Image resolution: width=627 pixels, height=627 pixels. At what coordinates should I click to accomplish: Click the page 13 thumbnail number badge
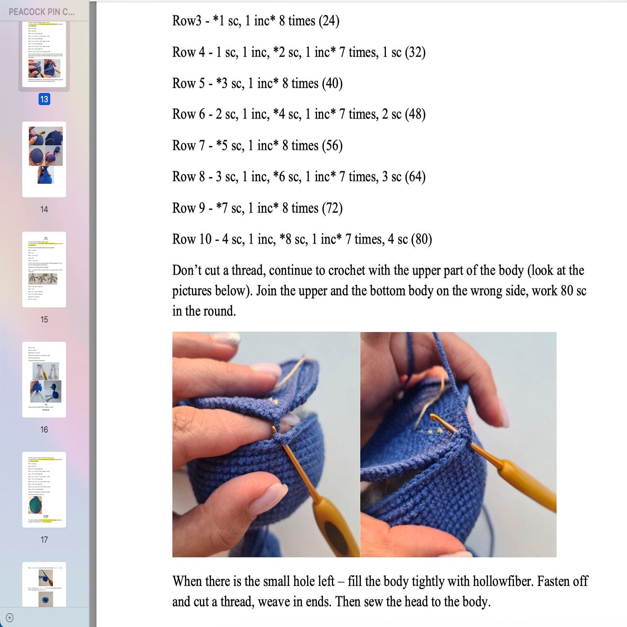[44, 99]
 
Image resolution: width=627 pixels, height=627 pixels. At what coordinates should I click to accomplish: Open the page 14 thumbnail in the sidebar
[44, 159]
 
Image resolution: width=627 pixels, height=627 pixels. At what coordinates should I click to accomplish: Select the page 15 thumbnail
[44, 269]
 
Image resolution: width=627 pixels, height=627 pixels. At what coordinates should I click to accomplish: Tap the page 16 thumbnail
[44, 379]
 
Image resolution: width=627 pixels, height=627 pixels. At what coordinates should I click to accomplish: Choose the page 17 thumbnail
[44, 489]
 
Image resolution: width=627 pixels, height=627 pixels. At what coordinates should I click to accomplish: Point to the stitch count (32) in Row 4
[415, 52]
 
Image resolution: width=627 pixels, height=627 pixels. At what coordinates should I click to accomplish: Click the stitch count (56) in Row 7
[332, 145]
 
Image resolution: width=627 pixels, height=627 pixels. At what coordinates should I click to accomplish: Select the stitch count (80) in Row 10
[421, 239]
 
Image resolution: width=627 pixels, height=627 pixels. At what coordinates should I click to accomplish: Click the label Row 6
[188, 114]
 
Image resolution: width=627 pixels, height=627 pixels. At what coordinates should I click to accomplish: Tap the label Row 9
[188, 208]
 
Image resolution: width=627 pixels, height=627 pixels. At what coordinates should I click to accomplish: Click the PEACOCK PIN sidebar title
[42, 12]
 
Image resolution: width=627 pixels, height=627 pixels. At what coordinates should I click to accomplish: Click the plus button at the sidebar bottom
[10, 617]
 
